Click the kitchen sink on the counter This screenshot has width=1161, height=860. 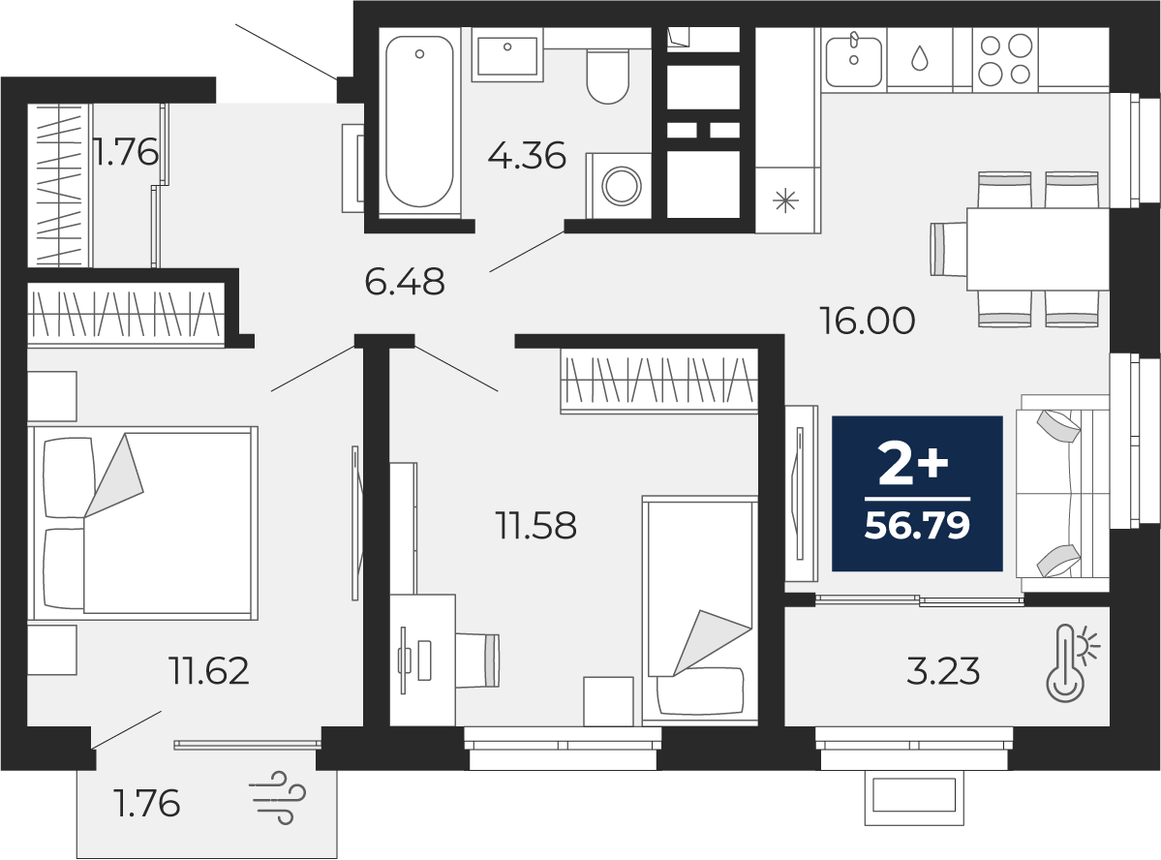click(853, 58)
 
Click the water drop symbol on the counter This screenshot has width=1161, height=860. click(919, 58)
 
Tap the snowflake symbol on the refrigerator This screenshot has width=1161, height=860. click(785, 201)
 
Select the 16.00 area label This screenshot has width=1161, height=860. click(867, 321)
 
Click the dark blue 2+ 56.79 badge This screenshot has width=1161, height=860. click(917, 494)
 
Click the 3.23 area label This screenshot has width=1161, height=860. click(943, 670)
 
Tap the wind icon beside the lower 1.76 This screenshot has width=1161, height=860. click(279, 798)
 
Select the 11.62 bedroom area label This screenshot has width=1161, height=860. click(210, 670)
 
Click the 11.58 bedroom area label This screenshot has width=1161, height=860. click(535, 526)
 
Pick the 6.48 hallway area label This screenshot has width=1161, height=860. click(405, 282)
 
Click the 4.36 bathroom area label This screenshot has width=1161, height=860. click(527, 155)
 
